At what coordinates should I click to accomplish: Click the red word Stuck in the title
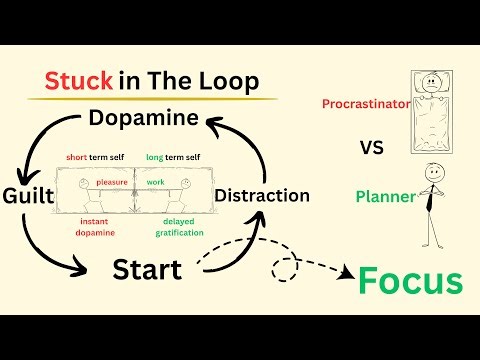77,82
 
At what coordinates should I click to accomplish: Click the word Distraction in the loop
262,194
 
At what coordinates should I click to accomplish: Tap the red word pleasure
112,182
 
